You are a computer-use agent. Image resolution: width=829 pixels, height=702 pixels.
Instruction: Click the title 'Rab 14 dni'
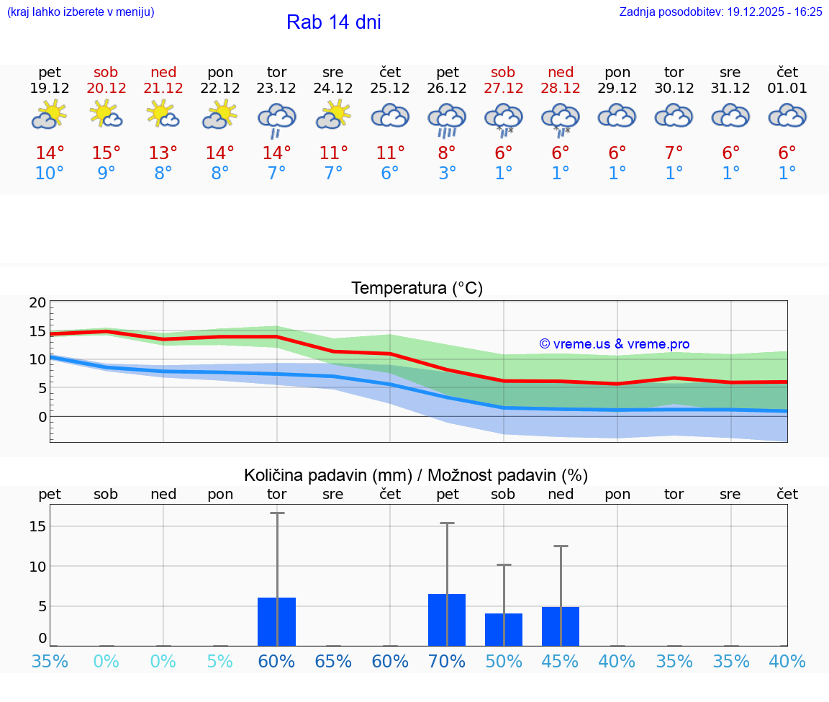[333, 22]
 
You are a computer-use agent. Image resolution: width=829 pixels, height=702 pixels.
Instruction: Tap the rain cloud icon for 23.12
[277, 120]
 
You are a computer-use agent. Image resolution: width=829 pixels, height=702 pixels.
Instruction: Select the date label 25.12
[390, 89]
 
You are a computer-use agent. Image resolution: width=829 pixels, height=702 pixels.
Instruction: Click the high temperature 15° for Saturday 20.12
[107, 153]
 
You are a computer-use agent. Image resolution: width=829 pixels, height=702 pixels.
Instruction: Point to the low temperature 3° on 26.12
[447, 174]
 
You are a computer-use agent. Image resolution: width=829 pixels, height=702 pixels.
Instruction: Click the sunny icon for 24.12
[333, 115]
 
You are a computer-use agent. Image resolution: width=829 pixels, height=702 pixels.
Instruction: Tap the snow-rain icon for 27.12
[503, 120]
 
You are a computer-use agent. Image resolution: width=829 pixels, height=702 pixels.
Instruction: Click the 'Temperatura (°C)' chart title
[417, 289]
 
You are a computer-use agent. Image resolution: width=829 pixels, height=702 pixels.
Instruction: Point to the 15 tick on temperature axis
[38, 331]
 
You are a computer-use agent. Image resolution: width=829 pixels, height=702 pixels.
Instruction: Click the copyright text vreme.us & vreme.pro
[614, 344]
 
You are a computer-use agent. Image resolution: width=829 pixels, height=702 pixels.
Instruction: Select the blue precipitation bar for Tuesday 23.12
[277, 621]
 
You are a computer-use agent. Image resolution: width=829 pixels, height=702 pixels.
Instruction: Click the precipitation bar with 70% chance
[447, 620]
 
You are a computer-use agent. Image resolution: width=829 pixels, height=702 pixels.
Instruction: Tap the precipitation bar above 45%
[561, 626]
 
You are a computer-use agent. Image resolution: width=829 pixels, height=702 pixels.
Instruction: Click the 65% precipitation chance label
[333, 661]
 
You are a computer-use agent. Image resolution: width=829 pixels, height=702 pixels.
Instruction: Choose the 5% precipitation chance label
[220, 661]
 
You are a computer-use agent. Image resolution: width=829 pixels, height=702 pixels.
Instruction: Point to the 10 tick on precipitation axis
[38, 566]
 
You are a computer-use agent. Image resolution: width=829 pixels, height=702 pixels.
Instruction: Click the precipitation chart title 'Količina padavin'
[416, 475]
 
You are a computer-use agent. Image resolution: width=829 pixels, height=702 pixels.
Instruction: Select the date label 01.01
[787, 89]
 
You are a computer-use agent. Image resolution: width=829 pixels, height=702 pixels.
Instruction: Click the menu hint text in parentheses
[81, 12]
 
